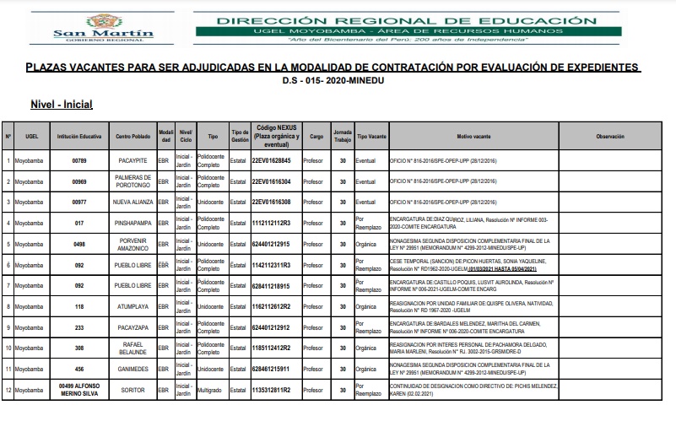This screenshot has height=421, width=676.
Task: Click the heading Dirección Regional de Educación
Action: (400, 20)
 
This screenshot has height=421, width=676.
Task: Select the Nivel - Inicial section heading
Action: (61, 104)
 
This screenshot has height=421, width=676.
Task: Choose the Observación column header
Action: (609, 135)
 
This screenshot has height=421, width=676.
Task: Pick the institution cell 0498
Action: (79, 244)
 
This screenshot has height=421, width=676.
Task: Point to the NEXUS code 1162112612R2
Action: (271, 306)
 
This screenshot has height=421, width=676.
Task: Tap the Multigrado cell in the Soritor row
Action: (212, 390)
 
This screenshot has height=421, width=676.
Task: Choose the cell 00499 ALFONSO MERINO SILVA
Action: (79, 390)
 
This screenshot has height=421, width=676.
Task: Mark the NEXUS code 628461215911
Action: (271, 369)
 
